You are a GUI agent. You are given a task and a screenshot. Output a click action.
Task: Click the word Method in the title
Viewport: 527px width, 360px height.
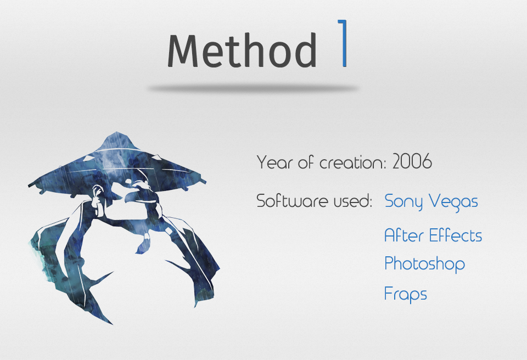(242, 50)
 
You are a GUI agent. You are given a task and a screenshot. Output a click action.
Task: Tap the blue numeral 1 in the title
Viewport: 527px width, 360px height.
(343, 43)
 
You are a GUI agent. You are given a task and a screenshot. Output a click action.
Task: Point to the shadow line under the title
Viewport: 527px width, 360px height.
(253, 88)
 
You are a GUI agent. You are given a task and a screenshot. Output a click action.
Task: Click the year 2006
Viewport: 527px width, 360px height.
(412, 161)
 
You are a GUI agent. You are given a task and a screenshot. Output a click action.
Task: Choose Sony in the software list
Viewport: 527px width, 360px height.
(403, 202)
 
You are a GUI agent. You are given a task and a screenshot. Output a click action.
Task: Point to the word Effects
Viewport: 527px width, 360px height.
(456, 235)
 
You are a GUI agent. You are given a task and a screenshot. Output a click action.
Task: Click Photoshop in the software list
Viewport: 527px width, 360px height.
(425, 264)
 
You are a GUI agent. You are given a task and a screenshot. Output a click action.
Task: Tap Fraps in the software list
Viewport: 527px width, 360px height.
(406, 294)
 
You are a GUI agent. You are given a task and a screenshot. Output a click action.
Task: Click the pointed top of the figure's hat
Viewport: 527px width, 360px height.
(116, 132)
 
